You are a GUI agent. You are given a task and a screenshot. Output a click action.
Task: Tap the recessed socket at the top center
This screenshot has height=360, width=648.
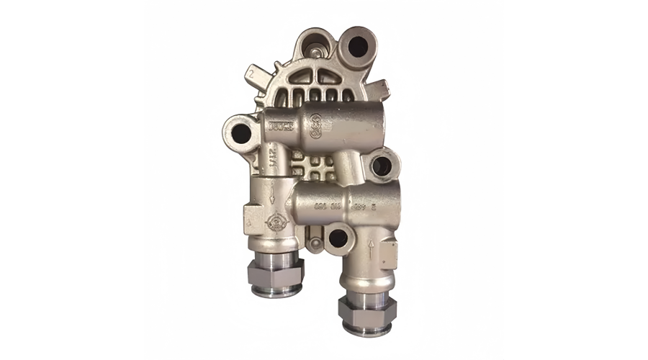click(315, 50)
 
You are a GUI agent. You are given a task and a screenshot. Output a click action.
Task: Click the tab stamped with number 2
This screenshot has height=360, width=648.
click(252, 73)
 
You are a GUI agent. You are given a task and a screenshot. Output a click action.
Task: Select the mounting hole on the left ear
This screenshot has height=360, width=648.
click(240, 133)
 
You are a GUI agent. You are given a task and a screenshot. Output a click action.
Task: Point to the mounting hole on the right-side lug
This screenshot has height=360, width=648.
click(382, 166)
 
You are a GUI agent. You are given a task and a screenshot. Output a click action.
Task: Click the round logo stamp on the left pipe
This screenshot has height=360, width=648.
click(274, 222)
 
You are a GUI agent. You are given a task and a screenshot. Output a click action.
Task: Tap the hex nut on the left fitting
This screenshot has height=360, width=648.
click(274, 271)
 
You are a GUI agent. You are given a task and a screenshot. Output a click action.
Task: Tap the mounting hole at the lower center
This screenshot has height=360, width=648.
click(336, 237)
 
